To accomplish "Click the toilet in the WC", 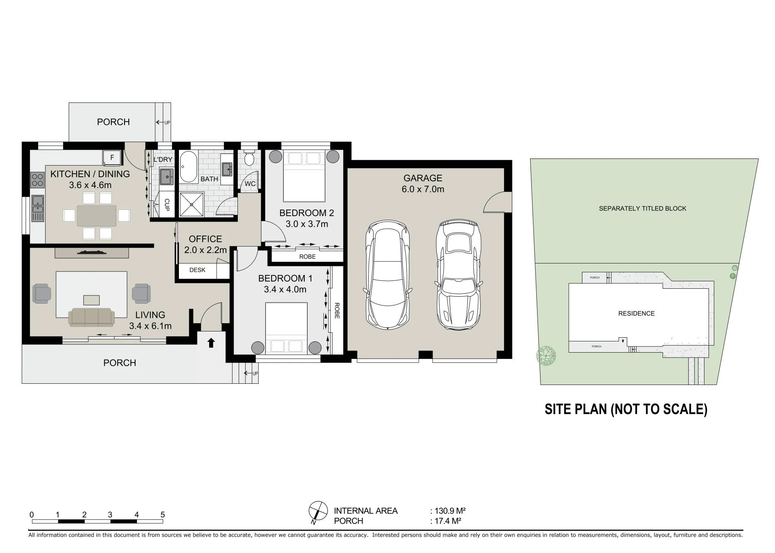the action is point(249,158).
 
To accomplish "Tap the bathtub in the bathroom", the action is point(188,167).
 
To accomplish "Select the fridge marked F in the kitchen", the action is point(112,158).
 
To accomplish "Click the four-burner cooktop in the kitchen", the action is point(37,180).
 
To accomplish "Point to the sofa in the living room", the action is point(91,317).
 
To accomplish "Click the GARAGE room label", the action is point(423,178).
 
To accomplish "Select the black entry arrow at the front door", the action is point(211,342).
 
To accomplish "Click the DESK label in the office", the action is point(197,270).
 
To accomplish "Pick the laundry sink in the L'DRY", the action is point(166,177).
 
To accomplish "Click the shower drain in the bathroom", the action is point(192,204).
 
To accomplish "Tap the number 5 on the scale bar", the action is point(163,515).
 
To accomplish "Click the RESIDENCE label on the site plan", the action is point(636,314).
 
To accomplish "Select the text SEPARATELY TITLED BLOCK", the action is point(643,209).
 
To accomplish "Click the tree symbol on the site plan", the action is point(546,356).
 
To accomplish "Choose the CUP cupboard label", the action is point(167,205).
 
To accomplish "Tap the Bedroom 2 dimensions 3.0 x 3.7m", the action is point(307,224).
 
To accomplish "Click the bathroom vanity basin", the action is point(227,169).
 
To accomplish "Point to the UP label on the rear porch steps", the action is point(167,123).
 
